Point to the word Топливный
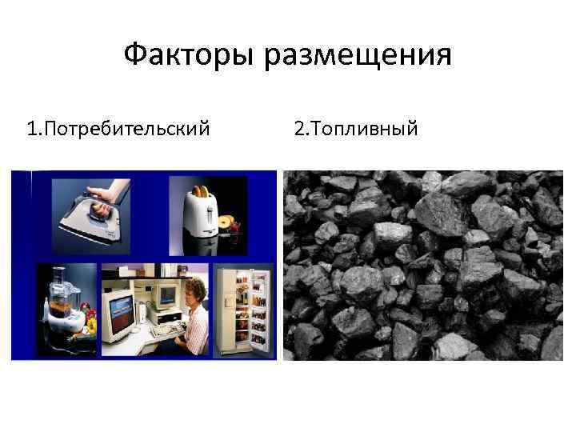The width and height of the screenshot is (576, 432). pos(364,127)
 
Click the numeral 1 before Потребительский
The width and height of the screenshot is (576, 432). pos(30,127)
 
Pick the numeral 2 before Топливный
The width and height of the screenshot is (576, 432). pos(299,127)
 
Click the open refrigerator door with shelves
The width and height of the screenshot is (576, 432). pos(257,308)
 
